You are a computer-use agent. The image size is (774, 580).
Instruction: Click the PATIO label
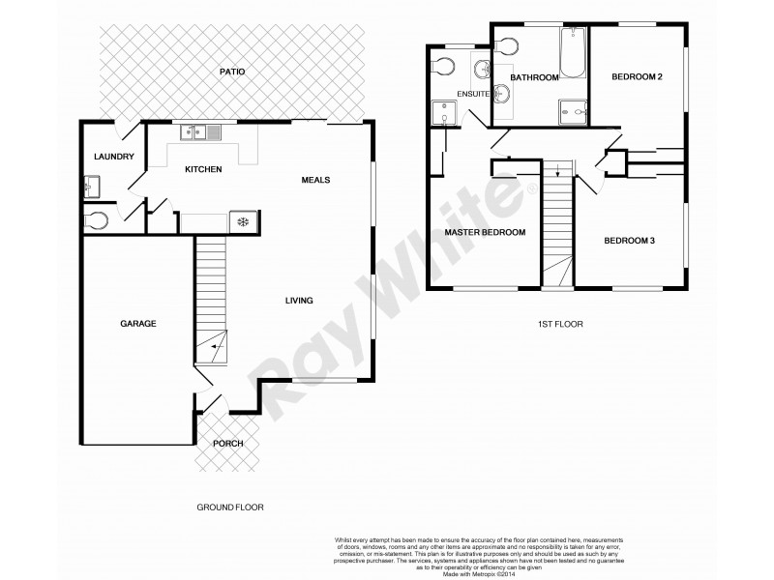pos(231,72)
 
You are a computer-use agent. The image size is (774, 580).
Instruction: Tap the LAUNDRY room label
pos(113,157)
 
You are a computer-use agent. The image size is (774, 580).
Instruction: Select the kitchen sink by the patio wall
pos(204,131)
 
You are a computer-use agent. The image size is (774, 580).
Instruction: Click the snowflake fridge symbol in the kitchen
pos(243,222)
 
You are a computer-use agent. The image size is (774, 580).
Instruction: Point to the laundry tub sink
pos(91,185)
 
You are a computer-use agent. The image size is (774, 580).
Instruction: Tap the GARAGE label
pos(138,323)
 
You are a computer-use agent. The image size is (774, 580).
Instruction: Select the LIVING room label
pos(299,301)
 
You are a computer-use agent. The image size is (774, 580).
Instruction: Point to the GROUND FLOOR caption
pos(230,507)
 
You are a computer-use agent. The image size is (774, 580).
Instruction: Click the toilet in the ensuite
pos(443,67)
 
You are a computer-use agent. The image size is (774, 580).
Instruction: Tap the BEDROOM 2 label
pos(637,77)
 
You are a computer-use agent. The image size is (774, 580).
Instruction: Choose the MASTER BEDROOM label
pos(485,232)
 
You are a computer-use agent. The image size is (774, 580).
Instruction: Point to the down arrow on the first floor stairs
pos(558,175)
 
